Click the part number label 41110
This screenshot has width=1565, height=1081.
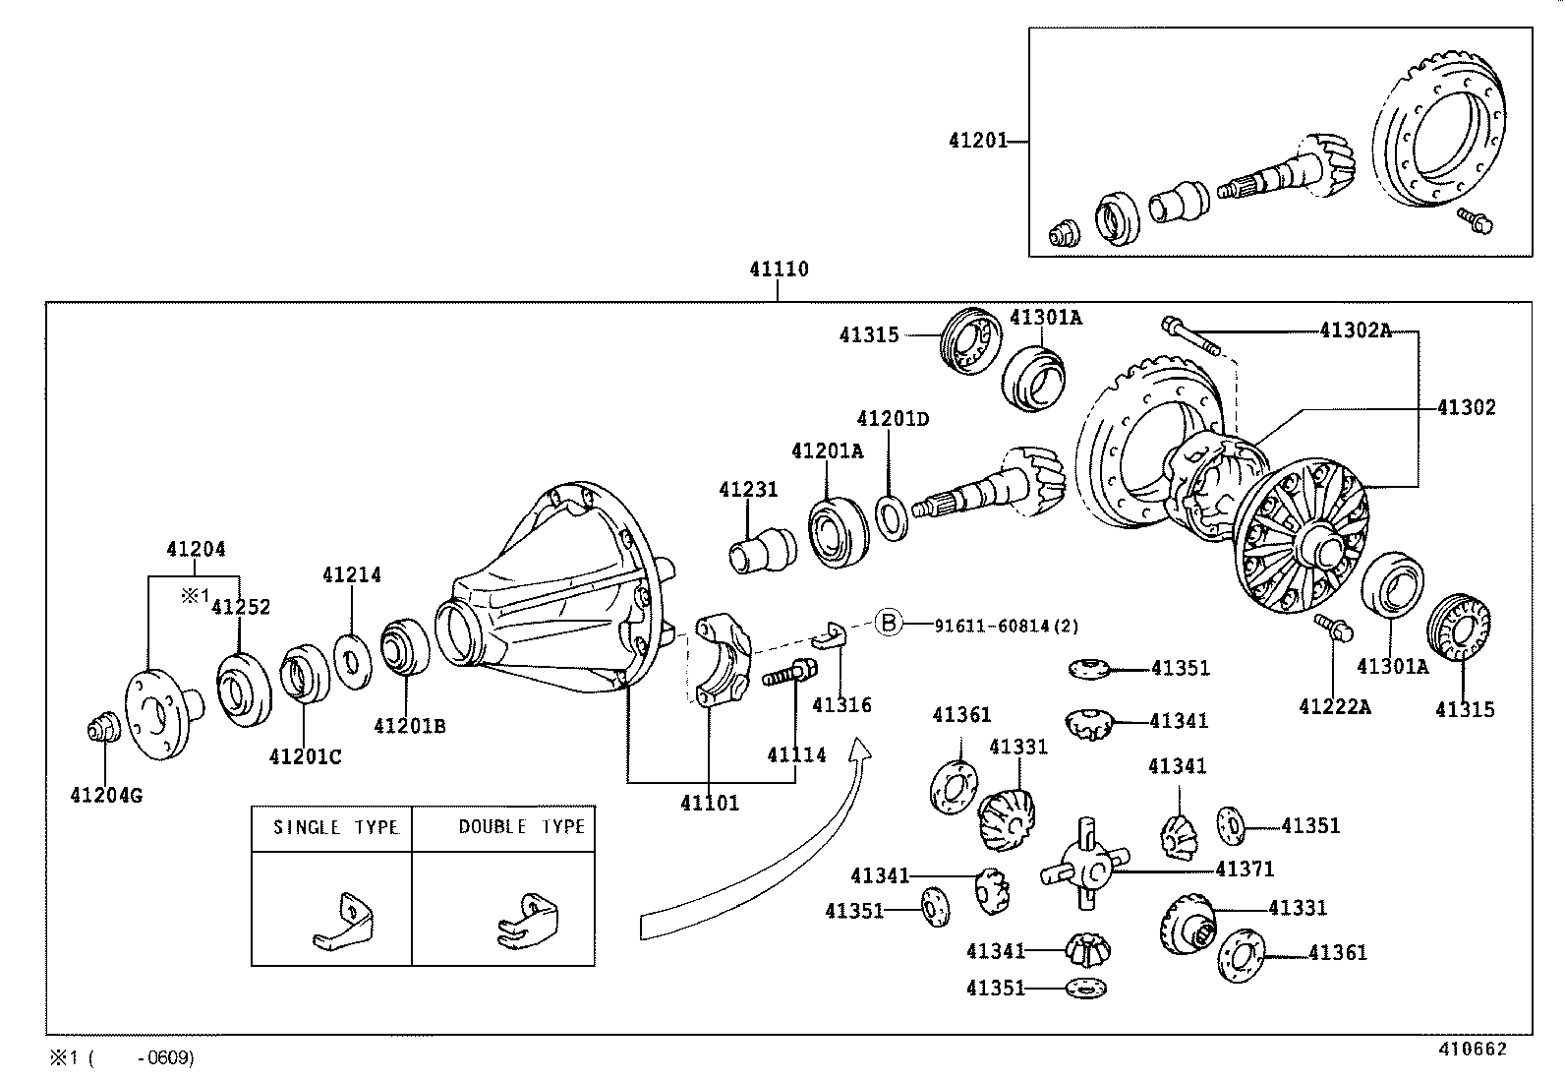[x=779, y=270]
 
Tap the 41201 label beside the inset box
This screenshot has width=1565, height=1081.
[x=977, y=141]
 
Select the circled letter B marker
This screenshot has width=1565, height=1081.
[x=889, y=623]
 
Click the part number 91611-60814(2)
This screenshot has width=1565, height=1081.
[x=1007, y=626]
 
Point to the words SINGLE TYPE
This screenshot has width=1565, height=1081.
[x=336, y=827]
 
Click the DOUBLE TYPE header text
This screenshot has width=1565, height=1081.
[x=521, y=826]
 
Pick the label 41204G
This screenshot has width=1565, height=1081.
[x=106, y=795]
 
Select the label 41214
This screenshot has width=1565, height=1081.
[x=352, y=574]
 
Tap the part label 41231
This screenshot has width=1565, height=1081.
[x=748, y=490]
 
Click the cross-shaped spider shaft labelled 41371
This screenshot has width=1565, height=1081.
[x=1085, y=865]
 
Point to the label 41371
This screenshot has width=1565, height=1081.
[x=1245, y=870]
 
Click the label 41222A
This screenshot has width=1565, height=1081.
[x=1335, y=707]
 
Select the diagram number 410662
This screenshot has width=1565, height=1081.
[x=1473, y=1049]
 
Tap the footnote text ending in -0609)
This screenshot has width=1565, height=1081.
[x=122, y=1058]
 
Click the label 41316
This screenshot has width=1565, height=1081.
[x=841, y=705]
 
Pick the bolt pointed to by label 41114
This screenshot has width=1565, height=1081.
[x=789, y=673]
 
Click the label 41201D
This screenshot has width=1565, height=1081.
[x=893, y=419]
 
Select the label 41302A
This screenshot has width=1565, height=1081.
[x=1356, y=330]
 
